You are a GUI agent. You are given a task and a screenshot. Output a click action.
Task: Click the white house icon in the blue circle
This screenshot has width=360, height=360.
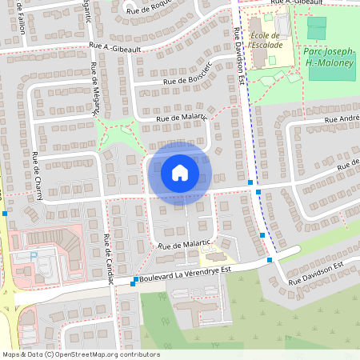point(180,172)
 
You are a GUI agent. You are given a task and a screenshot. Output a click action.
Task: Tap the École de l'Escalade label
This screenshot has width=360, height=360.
point(266,41)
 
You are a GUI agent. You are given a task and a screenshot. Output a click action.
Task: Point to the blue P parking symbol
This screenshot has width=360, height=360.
point(33,256)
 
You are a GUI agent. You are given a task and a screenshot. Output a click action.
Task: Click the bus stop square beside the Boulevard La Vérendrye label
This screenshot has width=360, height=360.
point(133,283)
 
